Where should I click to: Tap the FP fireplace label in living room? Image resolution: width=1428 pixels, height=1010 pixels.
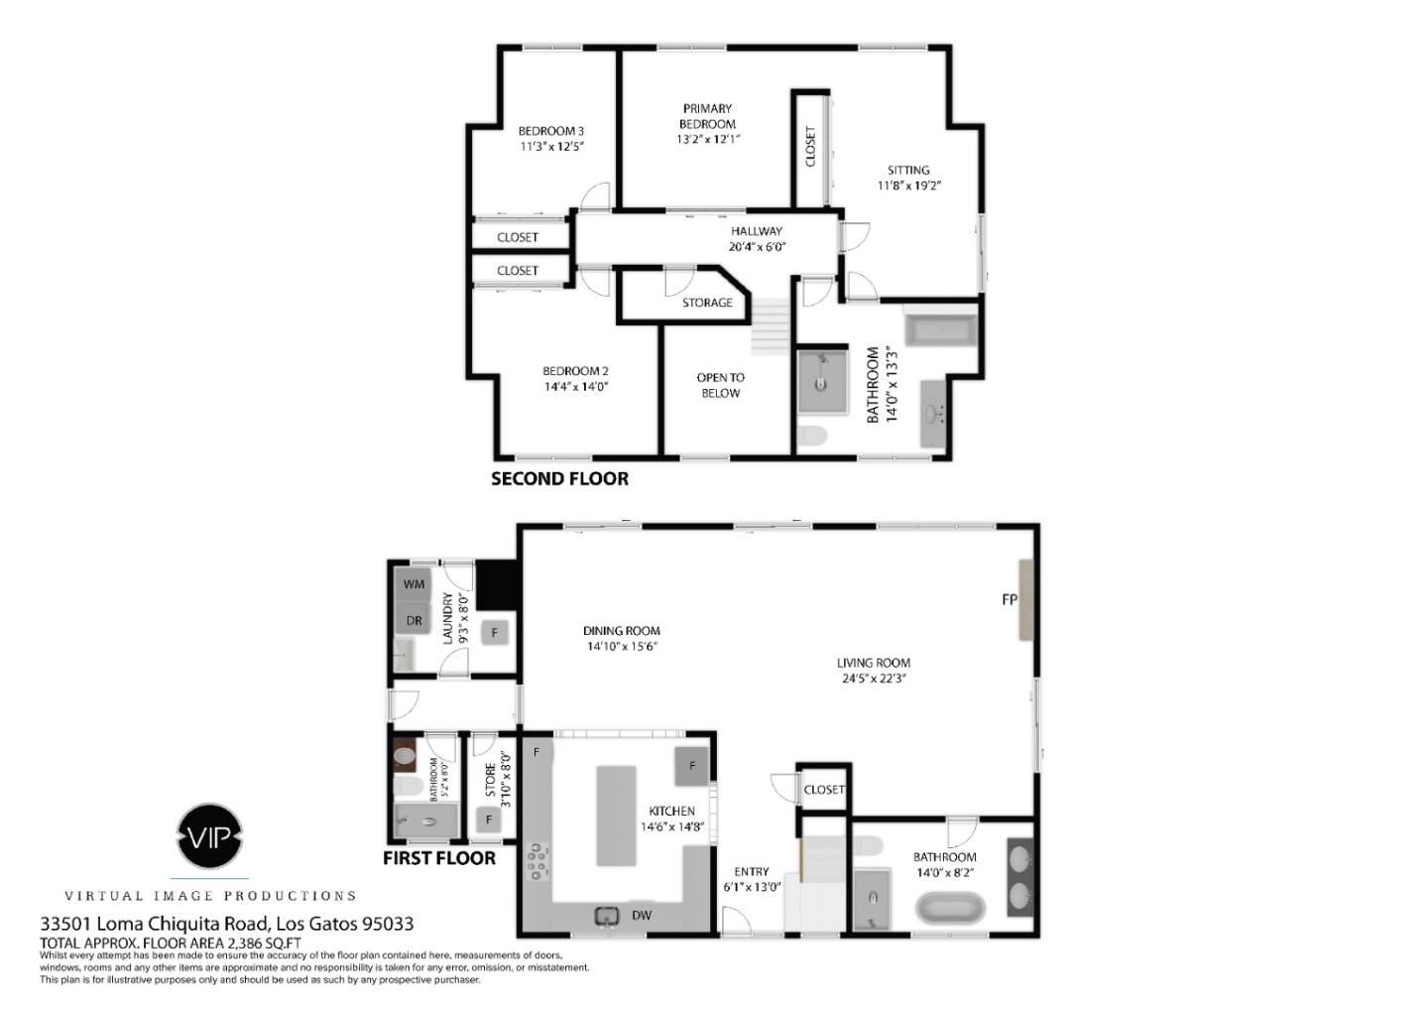1010,600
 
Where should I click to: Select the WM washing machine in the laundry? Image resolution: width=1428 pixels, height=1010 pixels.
415,584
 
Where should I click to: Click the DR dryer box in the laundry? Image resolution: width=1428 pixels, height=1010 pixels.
415,620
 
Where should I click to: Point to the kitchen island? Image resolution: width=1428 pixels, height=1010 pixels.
616,815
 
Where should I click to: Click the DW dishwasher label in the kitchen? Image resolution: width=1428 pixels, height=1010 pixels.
642,915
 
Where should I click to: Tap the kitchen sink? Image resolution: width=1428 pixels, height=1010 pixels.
606,916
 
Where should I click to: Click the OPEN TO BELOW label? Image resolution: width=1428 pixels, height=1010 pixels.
720,385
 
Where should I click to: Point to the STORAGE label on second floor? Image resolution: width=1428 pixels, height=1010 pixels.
707,303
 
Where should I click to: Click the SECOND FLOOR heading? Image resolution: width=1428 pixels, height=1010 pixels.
559,479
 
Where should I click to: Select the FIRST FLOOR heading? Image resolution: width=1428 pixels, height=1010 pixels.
439,858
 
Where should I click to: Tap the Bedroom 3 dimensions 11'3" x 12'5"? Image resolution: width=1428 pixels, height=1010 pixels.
551,147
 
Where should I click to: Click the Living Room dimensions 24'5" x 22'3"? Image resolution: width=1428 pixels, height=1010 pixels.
873,679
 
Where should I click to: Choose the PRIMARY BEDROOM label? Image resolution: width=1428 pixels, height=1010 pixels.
707,116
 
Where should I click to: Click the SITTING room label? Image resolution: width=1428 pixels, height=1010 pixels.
907,170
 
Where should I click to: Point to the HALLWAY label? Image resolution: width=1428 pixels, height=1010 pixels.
757,231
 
